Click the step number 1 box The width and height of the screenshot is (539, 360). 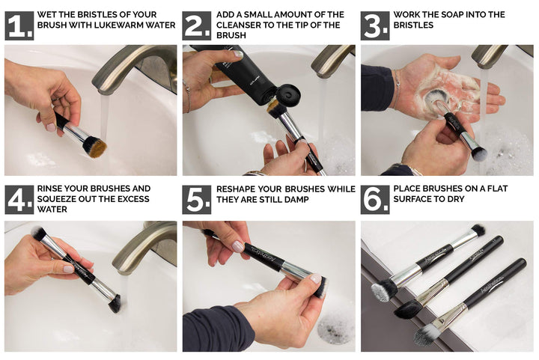pos(19,25)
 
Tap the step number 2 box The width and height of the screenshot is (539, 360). pos(197,25)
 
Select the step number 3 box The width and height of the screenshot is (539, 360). pos(375,25)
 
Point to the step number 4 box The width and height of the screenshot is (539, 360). pos(19,200)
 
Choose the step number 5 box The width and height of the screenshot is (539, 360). pos(197,200)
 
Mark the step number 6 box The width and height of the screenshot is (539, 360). pos(375,200)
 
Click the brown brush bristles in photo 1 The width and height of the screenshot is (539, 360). pos(95,147)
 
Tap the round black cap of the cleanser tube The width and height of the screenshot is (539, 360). pos(288,95)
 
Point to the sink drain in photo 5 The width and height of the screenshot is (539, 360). pos(335,329)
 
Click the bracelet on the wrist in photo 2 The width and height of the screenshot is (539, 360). pos(188,97)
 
